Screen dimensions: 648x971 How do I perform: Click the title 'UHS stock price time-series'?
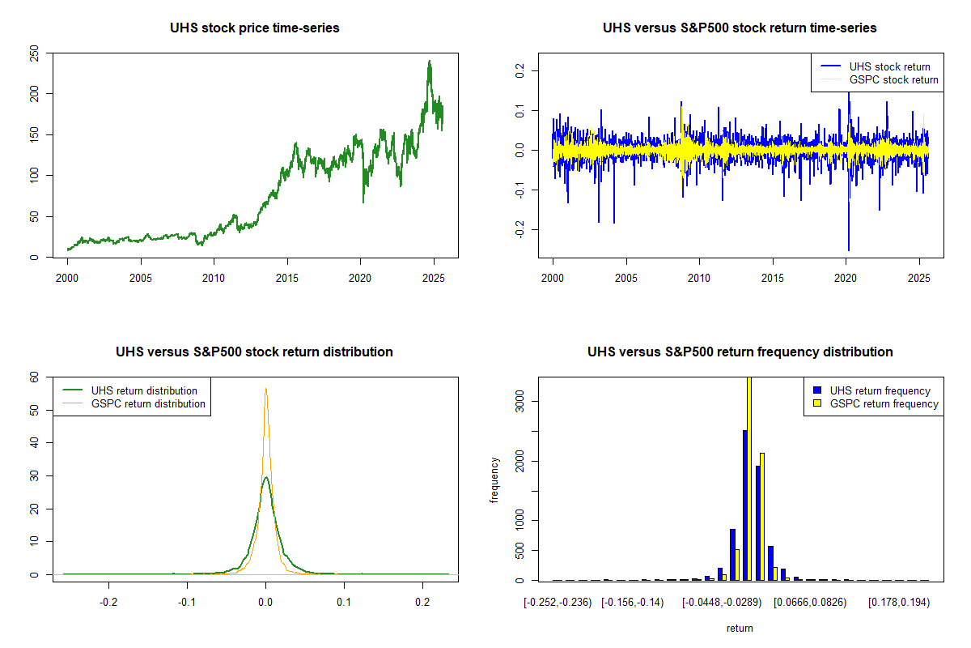[255, 28]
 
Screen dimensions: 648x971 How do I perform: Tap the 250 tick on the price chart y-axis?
[34, 53]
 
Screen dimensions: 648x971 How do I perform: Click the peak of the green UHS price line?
[429, 62]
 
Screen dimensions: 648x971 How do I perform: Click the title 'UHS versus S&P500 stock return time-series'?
[740, 28]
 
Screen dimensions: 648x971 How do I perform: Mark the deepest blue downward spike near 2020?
[849, 249]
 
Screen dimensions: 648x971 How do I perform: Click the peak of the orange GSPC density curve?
[265, 389]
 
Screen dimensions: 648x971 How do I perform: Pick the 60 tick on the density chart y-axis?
[34, 377]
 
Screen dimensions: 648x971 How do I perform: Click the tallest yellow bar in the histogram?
[749, 478]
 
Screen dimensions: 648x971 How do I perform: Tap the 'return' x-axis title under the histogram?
[740, 628]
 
